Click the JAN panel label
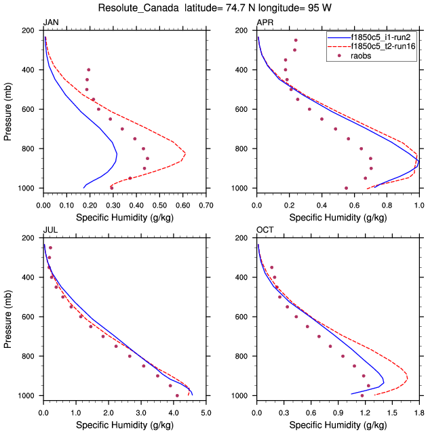(x=50, y=23)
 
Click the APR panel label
(x=265, y=23)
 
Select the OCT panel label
(x=265, y=231)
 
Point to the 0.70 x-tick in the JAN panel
(x=206, y=203)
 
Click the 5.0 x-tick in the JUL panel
(x=206, y=411)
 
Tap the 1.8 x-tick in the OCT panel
(x=419, y=411)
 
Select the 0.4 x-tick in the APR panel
(x=322, y=203)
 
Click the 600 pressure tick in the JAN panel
(x=29, y=109)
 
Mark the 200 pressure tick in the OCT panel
(x=243, y=238)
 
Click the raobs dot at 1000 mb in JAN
(x=112, y=188)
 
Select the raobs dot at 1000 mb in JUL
(x=177, y=395)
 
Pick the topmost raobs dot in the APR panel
(x=296, y=40)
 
